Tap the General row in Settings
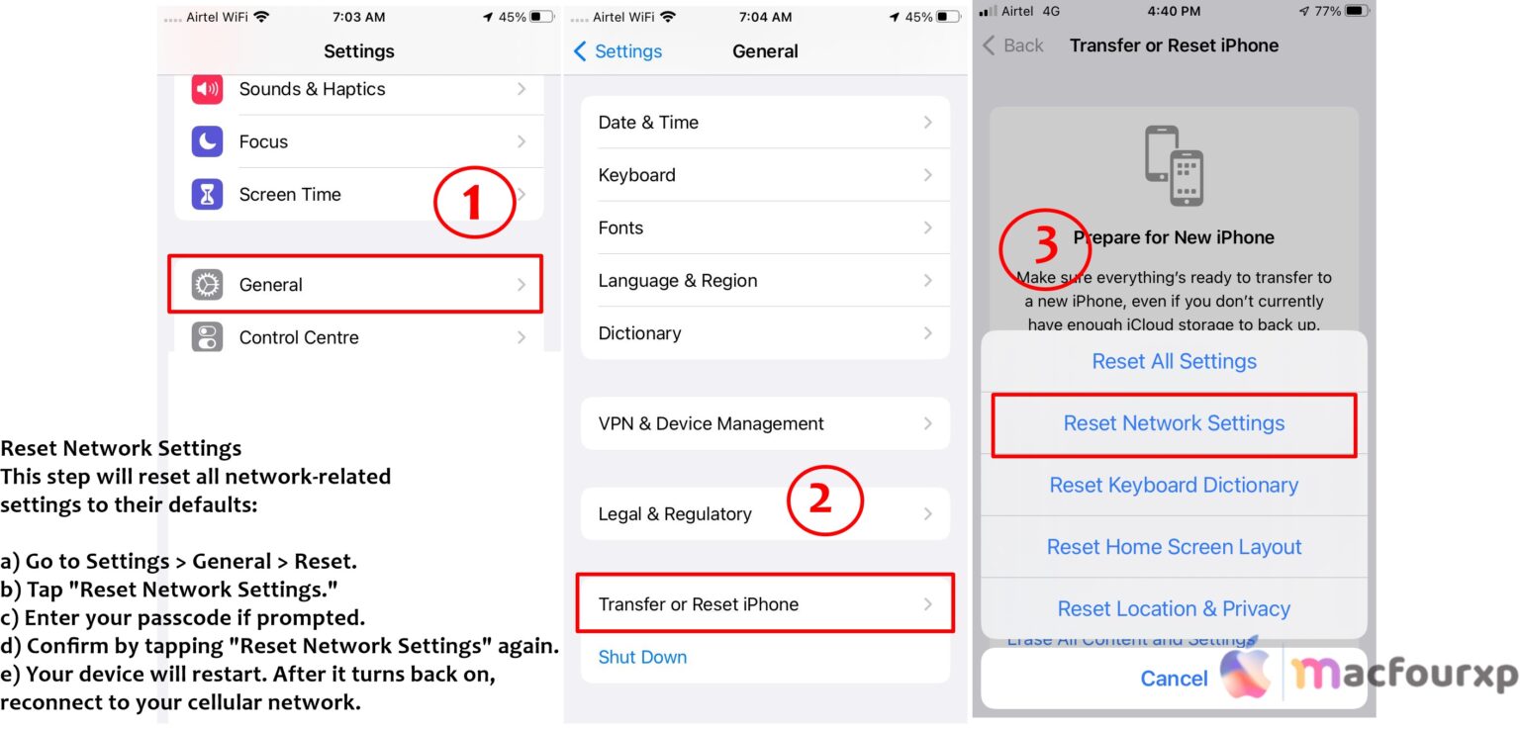[x=354, y=285]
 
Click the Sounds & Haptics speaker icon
[x=207, y=89]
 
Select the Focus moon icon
[x=207, y=141]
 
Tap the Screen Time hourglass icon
[x=207, y=195]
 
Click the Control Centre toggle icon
[x=207, y=337]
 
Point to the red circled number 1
[x=474, y=203]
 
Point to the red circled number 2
[x=824, y=501]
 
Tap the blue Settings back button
[x=618, y=51]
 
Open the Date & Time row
[x=764, y=123]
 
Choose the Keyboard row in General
[x=764, y=175]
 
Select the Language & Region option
[x=764, y=281]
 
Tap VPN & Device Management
[x=764, y=423]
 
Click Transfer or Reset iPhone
[x=764, y=604]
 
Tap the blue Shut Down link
[x=642, y=657]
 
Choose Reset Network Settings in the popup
[x=1174, y=423]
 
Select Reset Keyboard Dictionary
[x=1174, y=486]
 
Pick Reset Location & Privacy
[x=1174, y=609]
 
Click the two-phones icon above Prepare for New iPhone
[x=1174, y=165]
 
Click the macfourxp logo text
[x=1404, y=676]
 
